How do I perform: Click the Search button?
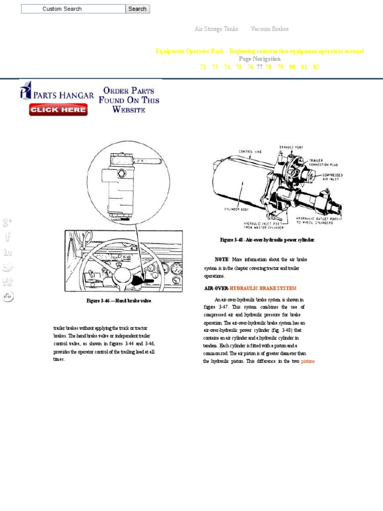point(137,9)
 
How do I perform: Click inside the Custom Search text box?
point(73,9)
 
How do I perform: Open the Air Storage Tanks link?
point(216,29)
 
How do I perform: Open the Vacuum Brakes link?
point(269,29)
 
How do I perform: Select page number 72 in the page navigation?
point(203,67)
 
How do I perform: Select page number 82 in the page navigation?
point(316,67)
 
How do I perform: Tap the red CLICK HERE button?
point(58,110)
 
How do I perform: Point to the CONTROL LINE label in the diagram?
point(250,151)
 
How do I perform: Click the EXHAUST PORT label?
point(291,147)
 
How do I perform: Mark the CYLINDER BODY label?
point(236,209)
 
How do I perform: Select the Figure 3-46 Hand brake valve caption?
point(119,301)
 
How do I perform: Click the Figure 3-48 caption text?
point(267,240)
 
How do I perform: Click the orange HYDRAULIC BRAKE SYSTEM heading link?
point(263,288)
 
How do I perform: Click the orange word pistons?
point(308,361)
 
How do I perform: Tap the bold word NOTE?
point(221,259)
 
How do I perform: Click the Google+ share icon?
point(7,223)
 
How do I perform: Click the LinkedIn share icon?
point(7,252)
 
